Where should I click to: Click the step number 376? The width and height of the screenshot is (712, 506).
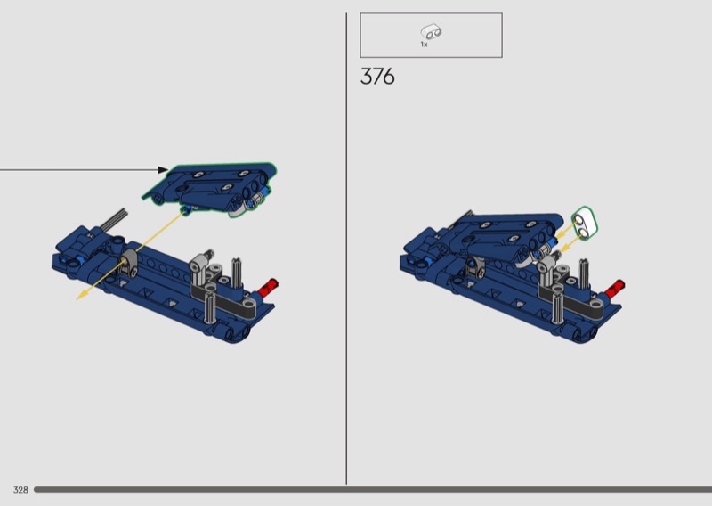[377, 77]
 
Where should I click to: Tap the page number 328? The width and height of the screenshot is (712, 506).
[20, 490]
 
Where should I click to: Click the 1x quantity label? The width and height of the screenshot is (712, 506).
[424, 45]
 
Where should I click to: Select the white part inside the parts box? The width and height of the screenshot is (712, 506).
[431, 32]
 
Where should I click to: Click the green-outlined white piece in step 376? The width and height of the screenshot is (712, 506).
[585, 224]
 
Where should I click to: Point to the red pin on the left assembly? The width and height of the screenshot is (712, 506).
[268, 288]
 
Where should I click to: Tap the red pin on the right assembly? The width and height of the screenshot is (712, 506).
[614, 290]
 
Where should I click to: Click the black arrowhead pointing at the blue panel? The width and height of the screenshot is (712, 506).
[163, 170]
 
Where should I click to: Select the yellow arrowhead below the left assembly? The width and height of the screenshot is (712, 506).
[82, 296]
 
